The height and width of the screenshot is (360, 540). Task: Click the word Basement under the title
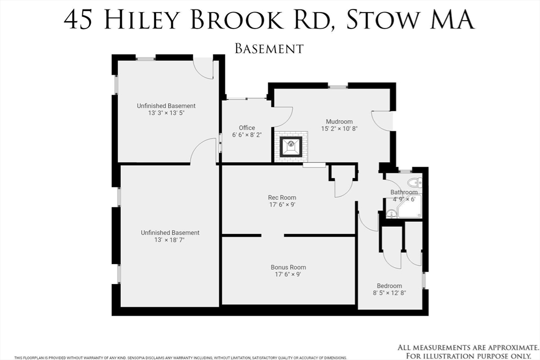pyautogui.click(x=269, y=48)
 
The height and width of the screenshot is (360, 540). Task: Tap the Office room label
pyautogui.click(x=247, y=128)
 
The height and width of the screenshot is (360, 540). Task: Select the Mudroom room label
pyautogui.click(x=339, y=121)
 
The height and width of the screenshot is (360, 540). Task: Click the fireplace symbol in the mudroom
pyautogui.click(x=290, y=145)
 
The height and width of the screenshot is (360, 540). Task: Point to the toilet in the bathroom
pyautogui.click(x=414, y=183)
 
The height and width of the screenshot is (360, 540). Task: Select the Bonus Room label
pyautogui.click(x=288, y=267)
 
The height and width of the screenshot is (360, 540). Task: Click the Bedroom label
pyautogui.click(x=390, y=286)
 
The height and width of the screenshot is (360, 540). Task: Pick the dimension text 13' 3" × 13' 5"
pyautogui.click(x=166, y=113)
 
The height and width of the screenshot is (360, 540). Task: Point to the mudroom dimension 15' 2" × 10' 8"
pyautogui.click(x=339, y=129)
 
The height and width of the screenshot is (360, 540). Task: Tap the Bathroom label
pyautogui.click(x=404, y=192)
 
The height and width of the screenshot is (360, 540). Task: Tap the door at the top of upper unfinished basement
pyautogui.click(x=203, y=67)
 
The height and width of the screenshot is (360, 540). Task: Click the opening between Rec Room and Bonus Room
pyautogui.click(x=273, y=235)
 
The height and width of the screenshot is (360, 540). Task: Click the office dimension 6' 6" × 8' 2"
pyautogui.click(x=247, y=135)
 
